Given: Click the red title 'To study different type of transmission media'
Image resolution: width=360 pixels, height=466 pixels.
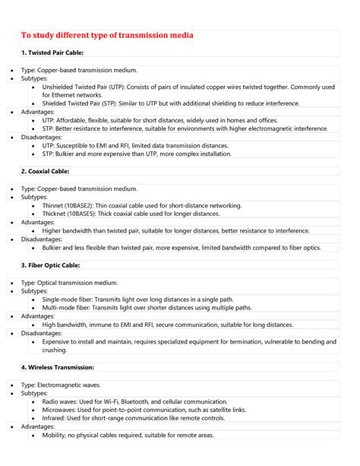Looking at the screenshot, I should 106,35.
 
